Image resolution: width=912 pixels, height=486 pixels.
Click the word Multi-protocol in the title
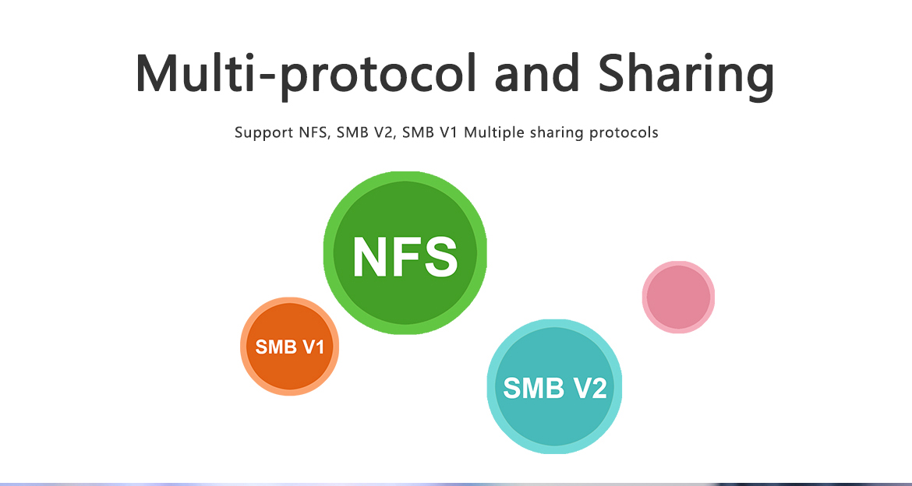pos(306,75)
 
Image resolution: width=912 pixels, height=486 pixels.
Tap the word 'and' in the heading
pos(538,73)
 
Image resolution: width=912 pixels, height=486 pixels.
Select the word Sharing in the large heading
pos(686,76)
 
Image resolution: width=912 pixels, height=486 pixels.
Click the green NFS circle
pos(405,253)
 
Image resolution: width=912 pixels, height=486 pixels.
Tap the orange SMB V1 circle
pos(290,347)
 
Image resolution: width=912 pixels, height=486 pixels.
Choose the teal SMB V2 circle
pos(554,386)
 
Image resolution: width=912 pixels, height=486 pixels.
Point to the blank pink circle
pos(678,297)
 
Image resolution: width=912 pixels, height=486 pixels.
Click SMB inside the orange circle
pos(274,347)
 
